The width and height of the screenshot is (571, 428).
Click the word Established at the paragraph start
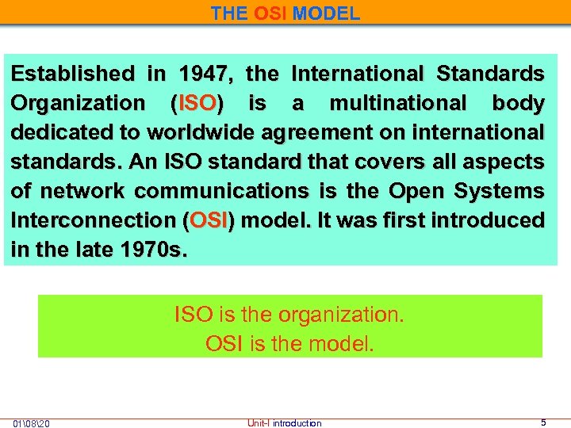point(73,75)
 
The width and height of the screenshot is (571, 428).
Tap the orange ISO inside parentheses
point(197,104)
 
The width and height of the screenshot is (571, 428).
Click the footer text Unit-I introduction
point(285,423)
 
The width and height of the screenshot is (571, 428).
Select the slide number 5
point(543,422)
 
